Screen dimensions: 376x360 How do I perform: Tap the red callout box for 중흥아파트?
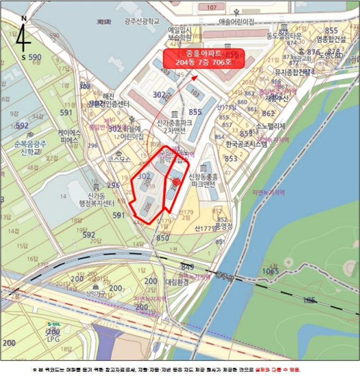203,58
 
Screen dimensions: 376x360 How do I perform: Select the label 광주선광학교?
142,21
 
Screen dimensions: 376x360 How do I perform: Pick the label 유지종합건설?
292,71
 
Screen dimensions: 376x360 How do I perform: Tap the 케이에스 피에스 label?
70,136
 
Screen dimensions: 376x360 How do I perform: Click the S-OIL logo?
53,324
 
